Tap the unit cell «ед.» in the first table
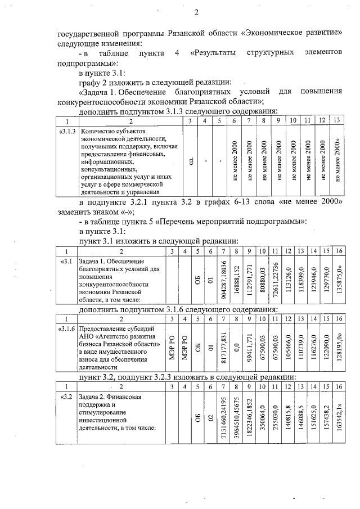pyautogui.click(x=192, y=160)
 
